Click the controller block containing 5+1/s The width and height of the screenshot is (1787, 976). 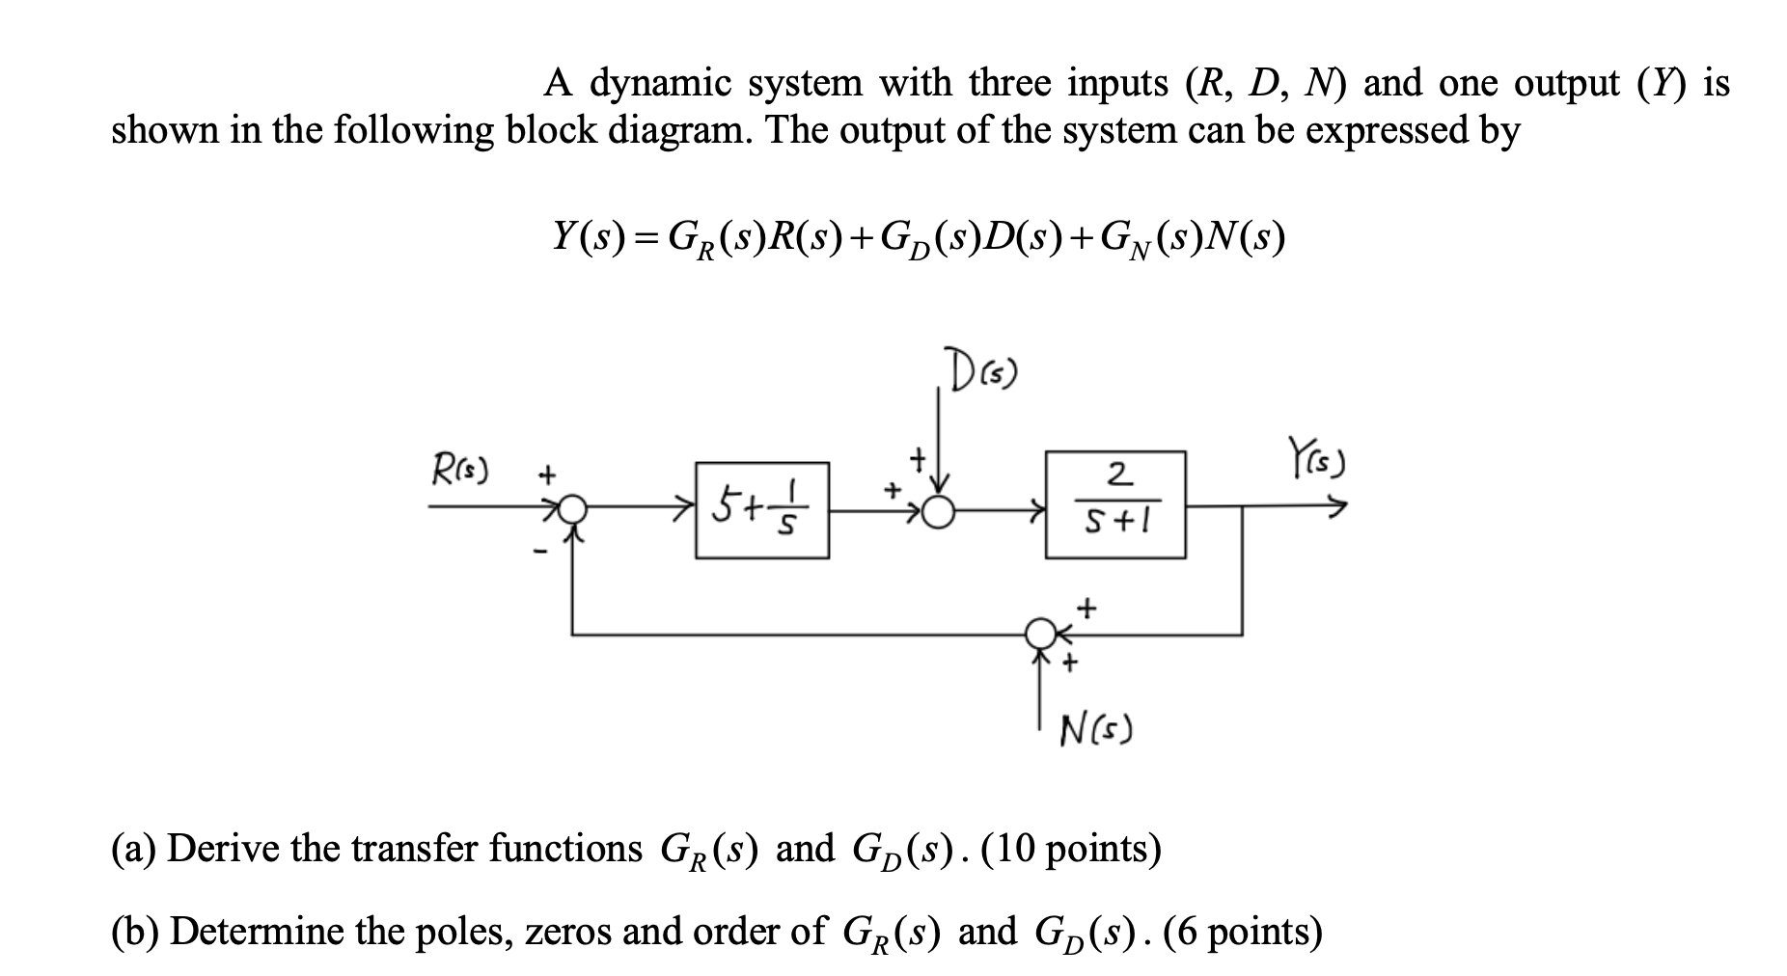(x=761, y=509)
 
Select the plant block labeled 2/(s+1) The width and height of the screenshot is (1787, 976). (x=1115, y=504)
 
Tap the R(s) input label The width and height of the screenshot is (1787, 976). (x=458, y=472)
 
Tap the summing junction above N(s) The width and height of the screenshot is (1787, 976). (x=1040, y=634)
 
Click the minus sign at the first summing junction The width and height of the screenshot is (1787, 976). (x=541, y=552)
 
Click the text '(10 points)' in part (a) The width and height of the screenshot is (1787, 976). (x=1071, y=850)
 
